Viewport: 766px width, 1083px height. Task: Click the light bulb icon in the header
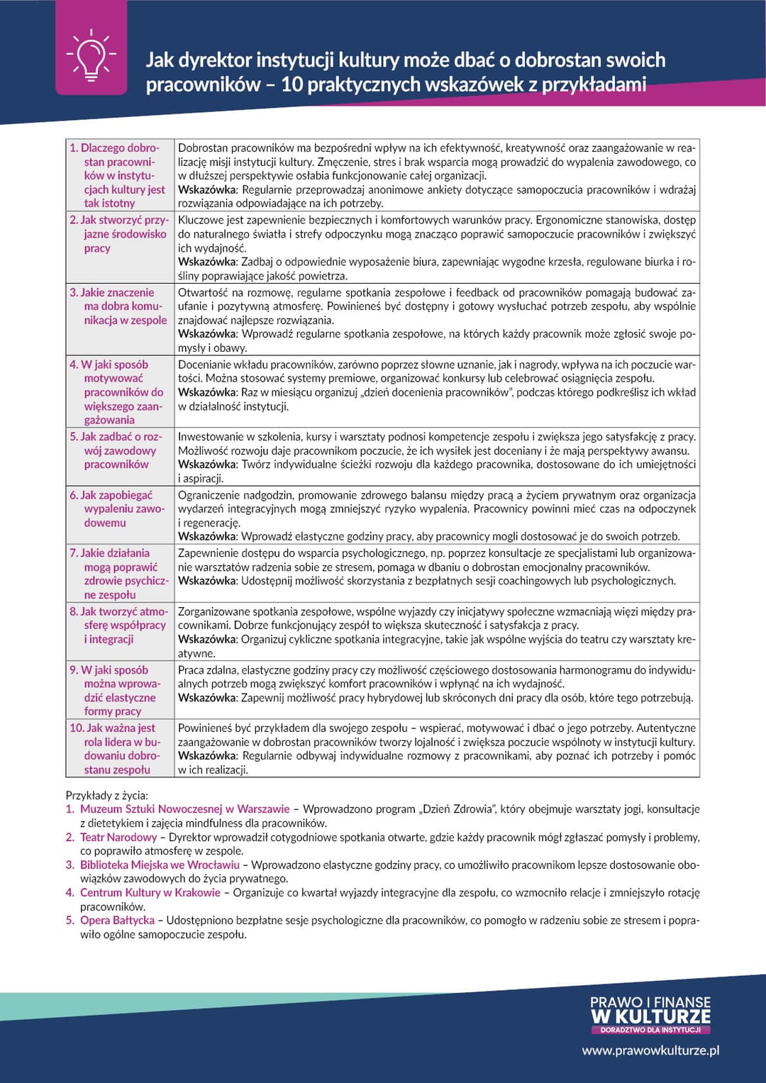(91, 55)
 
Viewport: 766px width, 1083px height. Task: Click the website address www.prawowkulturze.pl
(650, 1050)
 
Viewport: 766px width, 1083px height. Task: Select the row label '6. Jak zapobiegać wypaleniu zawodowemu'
(118, 509)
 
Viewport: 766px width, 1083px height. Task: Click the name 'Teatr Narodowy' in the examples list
(118, 837)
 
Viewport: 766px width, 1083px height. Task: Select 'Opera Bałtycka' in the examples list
(117, 920)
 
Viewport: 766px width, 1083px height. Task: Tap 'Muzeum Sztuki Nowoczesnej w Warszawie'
(184, 809)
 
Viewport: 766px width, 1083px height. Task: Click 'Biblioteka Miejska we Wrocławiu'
(160, 865)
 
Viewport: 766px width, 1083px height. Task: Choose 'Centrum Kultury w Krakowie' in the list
(150, 892)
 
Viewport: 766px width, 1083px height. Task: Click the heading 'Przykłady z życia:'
(107, 795)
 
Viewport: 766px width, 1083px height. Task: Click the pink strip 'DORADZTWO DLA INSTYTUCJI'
(650, 1029)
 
